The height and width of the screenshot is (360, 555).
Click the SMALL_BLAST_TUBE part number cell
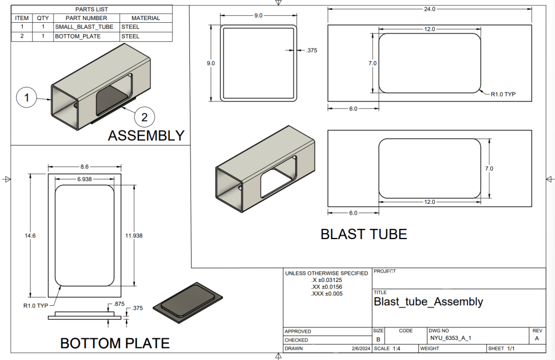84,26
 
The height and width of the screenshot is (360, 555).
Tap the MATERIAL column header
145,18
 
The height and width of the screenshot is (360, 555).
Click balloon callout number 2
145,116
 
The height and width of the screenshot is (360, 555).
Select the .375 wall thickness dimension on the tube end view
311,50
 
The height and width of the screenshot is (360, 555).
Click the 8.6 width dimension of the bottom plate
84,167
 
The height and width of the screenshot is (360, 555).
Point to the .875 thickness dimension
119,305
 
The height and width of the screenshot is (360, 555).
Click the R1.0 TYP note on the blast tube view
503,94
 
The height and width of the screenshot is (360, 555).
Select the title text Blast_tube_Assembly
428,301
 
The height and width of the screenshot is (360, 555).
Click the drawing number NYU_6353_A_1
450,338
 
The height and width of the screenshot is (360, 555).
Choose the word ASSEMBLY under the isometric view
146,136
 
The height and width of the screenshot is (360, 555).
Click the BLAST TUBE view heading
363,234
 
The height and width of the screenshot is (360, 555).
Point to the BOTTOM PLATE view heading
114,343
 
